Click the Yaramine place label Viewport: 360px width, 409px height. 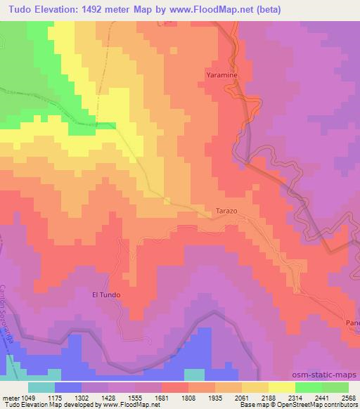click(x=224, y=74)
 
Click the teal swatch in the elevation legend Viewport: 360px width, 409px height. click(x=41, y=387)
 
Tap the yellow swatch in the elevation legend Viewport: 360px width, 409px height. click(x=282, y=387)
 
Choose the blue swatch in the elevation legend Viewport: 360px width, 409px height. click(x=68, y=387)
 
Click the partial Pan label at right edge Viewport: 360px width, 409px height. click(x=352, y=322)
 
